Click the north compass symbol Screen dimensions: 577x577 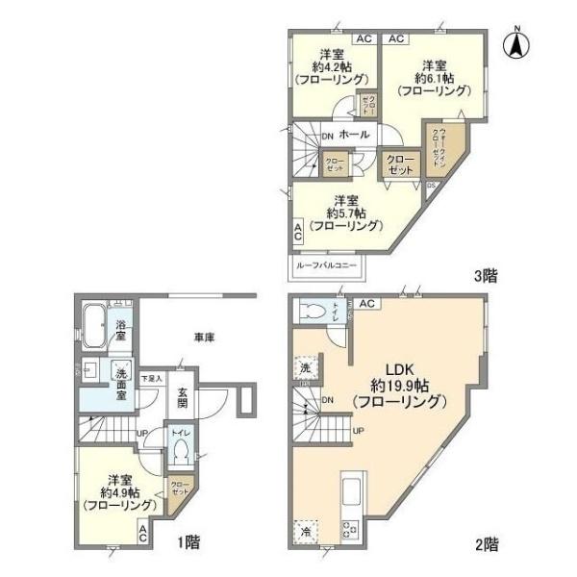coord(516,42)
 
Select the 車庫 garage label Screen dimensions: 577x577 coord(202,339)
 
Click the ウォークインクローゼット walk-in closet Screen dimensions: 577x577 coord(437,146)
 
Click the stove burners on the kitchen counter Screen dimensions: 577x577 coord(350,528)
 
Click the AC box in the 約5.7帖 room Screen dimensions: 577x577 coord(298,231)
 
